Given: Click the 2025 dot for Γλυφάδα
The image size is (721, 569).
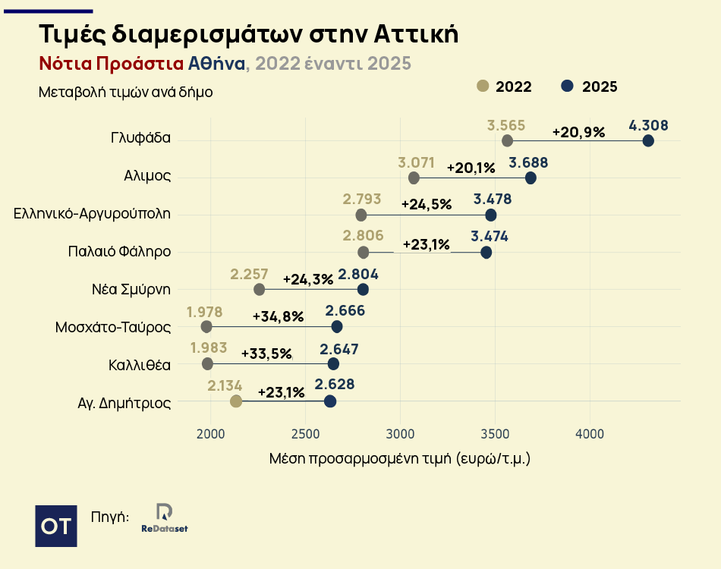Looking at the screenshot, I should tap(648, 140).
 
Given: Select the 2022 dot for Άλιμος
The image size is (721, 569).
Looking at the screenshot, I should tap(414, 178).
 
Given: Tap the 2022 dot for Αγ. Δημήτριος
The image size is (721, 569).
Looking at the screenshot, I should tap(236, 401).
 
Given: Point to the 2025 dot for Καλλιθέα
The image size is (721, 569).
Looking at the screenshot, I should tap(333, 363).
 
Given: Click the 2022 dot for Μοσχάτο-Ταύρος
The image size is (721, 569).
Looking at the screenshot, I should tap(206, 326).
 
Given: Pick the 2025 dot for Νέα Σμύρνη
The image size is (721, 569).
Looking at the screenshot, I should tap(363, 289).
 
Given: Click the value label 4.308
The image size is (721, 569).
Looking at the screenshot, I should tap(648, 125).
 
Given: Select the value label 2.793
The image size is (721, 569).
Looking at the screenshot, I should tap(361, 199).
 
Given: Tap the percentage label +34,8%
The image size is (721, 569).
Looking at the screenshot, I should tap(278, 316).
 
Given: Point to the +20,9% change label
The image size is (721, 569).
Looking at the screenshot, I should tap(578, 131).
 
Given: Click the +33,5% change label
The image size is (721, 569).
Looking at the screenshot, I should tap(266, 354).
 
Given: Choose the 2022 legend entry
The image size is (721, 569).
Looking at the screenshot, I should tap(504, 86).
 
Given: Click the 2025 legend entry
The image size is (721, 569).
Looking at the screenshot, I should tap(590, 86).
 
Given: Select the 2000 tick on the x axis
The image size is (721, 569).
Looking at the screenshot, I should tap(210, 434).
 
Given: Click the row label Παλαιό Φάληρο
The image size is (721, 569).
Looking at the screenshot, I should tap(118, 252).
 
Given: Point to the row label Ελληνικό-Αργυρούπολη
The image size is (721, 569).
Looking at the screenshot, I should tap(92, 214).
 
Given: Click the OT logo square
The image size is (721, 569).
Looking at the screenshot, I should tap(56, 525).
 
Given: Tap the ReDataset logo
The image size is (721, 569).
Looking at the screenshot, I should tap(164, 518).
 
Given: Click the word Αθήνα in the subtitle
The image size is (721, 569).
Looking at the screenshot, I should tap(216, 64).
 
